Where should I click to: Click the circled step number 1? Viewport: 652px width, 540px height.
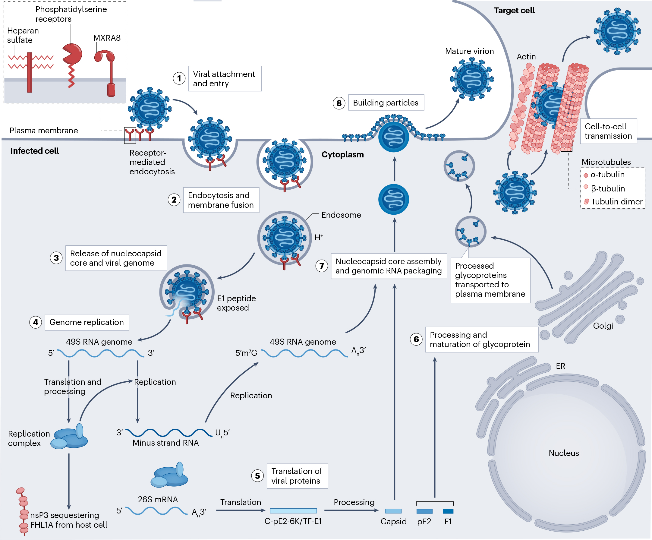pos(179,78)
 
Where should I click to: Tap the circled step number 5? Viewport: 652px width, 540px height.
pos(257,476)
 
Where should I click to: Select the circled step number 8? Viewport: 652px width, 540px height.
pos(339,103)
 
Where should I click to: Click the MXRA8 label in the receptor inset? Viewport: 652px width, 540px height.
pos(107,38)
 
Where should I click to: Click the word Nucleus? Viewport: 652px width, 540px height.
pos(564,453)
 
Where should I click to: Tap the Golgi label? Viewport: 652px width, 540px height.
pos(603,326)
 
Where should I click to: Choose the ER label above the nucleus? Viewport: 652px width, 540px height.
pos(560,366)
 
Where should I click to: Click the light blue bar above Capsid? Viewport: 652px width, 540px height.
pos(393,511)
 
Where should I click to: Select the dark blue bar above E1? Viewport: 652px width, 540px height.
pos(448,511)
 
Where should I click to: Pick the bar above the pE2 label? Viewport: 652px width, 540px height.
pos(424,511)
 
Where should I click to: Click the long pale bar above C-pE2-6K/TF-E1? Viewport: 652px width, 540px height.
pos(293,511)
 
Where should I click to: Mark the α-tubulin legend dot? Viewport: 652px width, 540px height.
pos(586,175)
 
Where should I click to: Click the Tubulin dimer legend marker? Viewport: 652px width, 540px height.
pos(587,201)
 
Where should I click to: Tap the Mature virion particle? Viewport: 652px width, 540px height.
pos(472,80)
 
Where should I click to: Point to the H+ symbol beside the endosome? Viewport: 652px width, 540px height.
pos(319,238)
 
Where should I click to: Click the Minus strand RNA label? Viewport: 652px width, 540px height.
pos(165,443)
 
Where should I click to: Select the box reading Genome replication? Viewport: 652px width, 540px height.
pos(87,322)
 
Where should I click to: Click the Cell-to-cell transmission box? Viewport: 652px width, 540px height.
pos(608,131)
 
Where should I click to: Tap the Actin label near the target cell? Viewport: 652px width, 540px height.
pos(526,56)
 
